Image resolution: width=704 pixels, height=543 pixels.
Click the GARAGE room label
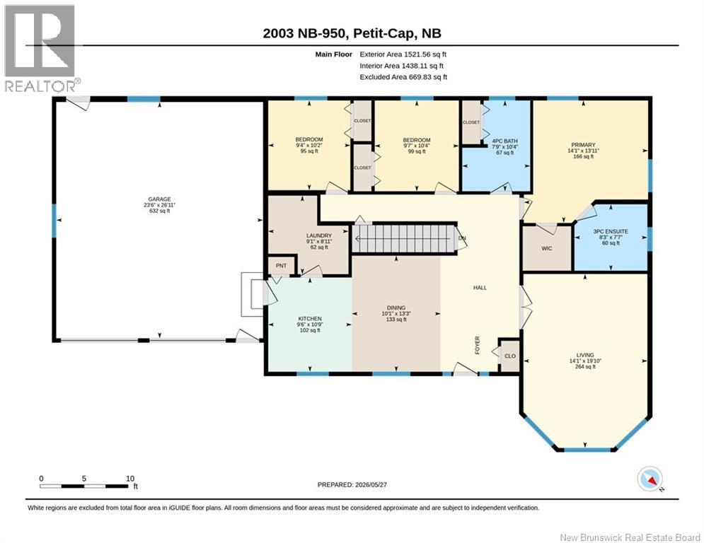pos(159,199)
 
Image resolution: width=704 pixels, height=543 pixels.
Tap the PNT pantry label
pos(281,266)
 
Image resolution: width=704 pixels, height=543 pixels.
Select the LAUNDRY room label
pos(319,235)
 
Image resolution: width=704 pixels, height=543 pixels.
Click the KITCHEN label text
pos(310,319)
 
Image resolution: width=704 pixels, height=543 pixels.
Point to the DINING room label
pos(396,308)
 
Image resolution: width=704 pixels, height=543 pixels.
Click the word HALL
pos(480,288)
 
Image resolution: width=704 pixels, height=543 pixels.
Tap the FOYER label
pos(478,345)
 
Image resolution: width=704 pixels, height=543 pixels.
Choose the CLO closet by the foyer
pos(510,356)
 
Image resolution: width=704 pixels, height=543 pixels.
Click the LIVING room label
pos(585,354)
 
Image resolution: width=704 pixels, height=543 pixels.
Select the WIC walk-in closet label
pos(546,248)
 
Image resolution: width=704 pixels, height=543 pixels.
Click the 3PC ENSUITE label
pos(611,232)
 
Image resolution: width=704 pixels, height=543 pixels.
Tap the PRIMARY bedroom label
pos(583,145)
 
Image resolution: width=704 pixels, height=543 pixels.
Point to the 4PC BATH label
pos(504,141)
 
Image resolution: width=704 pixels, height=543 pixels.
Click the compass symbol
pos(650,479)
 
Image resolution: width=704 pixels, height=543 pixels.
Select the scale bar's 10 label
pos(130,479)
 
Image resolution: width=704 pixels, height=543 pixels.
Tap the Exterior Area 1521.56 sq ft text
pos(403,54)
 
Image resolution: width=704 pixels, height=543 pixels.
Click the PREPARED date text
pos(352,484)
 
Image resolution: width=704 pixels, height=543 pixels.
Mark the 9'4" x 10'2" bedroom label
pos(309,146)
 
